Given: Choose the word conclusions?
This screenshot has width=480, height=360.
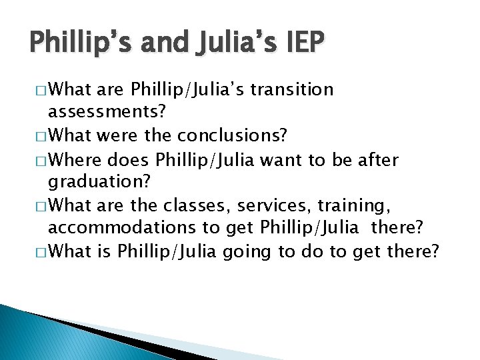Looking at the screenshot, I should point(232,136).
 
